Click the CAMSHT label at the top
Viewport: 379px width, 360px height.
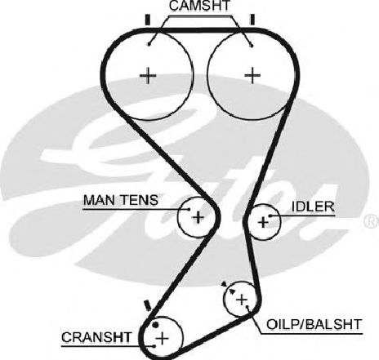coord(199,6)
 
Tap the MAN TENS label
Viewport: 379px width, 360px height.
coord(120,200)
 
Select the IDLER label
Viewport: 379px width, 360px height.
coord(313,207)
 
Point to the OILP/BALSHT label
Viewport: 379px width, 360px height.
coord(314,324)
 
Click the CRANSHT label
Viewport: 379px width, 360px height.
coord(96,337)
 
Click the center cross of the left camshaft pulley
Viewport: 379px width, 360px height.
coord(148,75)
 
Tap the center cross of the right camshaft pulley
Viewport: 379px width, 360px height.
coord(252,75)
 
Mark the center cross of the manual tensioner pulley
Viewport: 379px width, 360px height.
coord(198,217)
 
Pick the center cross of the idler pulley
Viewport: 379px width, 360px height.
coord(263,222)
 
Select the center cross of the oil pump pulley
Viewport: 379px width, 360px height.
coord(242,300)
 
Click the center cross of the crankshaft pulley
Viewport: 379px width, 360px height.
coord(163,338)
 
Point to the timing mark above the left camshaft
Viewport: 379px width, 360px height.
coord(148,20)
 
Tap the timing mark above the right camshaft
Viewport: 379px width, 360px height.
coord(252,20)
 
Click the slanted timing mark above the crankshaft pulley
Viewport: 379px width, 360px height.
coord(147,305)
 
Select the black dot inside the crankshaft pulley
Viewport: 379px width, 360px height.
coord(155,325)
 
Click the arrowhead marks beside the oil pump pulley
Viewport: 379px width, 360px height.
coord(228,288)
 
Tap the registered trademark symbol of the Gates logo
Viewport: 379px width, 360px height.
coord(372,221)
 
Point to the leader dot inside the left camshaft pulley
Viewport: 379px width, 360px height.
coord(149,44)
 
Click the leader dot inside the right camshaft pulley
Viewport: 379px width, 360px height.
coord(252,45)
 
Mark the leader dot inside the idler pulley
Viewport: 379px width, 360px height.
coord(270,216)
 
